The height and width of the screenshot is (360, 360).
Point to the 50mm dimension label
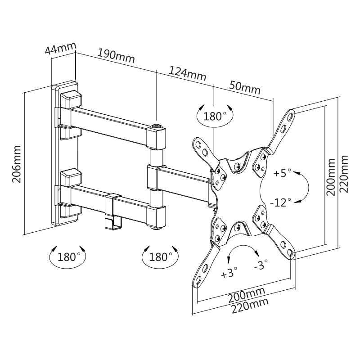pyautogui.click(x=245, y=87)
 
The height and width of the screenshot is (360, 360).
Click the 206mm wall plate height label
pyautogui.click(x=17, y=164)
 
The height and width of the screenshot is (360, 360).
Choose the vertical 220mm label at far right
pyautogui.click(x=345, y=174)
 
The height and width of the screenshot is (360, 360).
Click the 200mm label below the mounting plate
pyautogui.click(x=246, y=296)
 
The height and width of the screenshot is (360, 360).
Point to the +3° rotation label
pyautogui.click(x=229, y=272)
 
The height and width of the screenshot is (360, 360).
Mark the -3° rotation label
pyautogui.click(x=261, y=265)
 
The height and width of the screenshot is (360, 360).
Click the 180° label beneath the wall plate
pyautogui.click(x=67, y=257)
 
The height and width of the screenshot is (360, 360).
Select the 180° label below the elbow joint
pyautogui.click(x=160, y=257)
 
